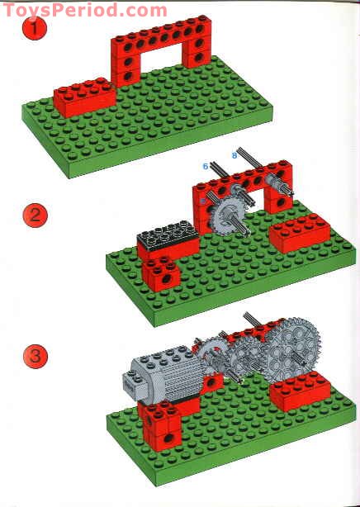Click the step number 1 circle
pyautogui.click(x=33, y=30)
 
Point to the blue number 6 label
pyautogui.click(x=206, y=166)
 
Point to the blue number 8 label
pyautogui.click(x=234, y=154)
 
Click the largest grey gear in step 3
pyautogui.click(x=285, y=350)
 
